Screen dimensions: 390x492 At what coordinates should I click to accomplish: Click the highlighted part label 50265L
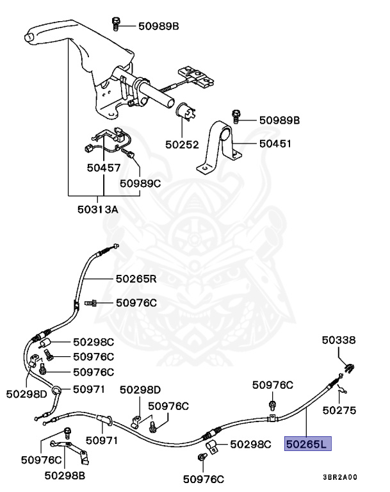click(307, 444)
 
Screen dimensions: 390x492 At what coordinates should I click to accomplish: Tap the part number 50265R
click(136, 279)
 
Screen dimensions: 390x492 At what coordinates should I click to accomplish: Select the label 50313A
click(97, 209)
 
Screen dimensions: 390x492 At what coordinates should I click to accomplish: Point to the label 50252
click(182, 145)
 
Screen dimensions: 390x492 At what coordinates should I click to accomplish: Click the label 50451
click(275, 143)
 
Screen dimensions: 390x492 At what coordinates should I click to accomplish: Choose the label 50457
click(104, 168)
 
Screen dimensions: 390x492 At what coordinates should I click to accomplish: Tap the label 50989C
click(140, 183)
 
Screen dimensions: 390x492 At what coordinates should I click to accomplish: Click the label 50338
click(339, 340)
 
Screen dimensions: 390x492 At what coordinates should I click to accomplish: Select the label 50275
click(339, 411)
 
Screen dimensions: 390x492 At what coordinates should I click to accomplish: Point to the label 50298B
click(65, 476)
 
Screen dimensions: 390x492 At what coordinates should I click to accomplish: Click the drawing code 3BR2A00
click(340, 477)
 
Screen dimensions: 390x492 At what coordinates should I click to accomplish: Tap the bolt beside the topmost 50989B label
click(116, 24)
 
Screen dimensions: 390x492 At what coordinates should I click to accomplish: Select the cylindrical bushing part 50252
click(186, 111)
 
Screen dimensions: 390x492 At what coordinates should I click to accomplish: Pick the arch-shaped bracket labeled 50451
click(219, 147)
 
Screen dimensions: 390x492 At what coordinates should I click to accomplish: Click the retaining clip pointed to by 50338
click(350, 368)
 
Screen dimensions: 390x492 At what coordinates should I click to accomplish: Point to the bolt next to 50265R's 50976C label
click(91, 303)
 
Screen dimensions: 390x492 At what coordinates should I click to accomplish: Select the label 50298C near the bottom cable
click(250, 445)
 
